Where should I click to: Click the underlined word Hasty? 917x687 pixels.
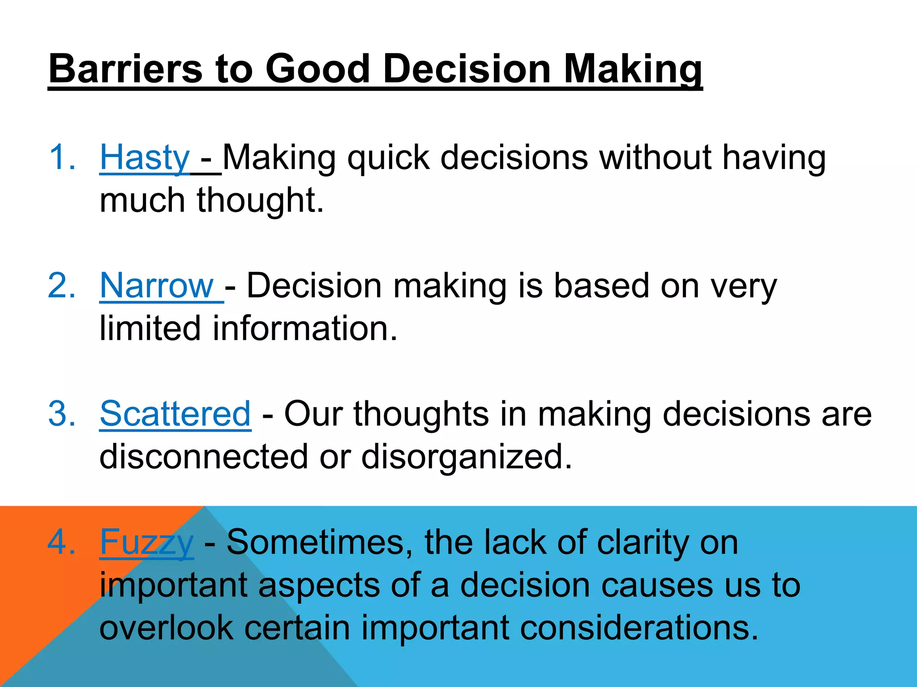[145, 157]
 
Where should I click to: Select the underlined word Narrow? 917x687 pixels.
[157, 286]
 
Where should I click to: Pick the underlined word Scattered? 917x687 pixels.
[175, 414]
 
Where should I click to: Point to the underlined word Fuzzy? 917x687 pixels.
[146, 542]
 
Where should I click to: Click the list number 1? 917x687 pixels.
[61, 157]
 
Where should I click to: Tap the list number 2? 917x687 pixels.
[61, 286]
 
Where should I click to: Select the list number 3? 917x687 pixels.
[61, 414]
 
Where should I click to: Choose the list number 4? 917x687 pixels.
[61, 542]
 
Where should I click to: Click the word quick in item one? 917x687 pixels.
[388, 157]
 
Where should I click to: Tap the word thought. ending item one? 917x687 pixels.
[260, 200]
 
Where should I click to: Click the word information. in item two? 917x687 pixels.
[304, 328]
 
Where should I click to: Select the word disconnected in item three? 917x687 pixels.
[203, 457]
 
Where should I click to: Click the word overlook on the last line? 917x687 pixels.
[166, 628]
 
